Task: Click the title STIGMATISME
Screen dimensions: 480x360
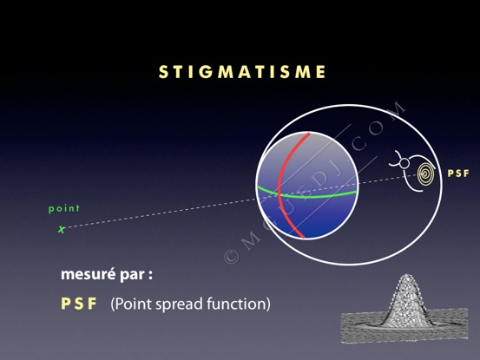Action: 242,72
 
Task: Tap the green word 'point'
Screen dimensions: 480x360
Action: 64,208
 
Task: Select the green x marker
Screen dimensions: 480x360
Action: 62,229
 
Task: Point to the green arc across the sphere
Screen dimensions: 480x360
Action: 306,195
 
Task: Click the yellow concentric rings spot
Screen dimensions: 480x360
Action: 426,173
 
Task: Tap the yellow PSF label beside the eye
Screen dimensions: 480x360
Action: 458,173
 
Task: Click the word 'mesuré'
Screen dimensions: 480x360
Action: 89,274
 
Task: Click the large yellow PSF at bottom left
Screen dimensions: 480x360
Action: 79,304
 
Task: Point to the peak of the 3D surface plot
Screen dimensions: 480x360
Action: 406,275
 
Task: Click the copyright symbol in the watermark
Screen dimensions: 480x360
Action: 232,257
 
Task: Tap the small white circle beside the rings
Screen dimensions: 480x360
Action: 404,163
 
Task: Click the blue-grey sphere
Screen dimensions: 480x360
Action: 306,186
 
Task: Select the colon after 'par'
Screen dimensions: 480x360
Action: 150,275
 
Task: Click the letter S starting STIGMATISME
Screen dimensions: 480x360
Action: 163,72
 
